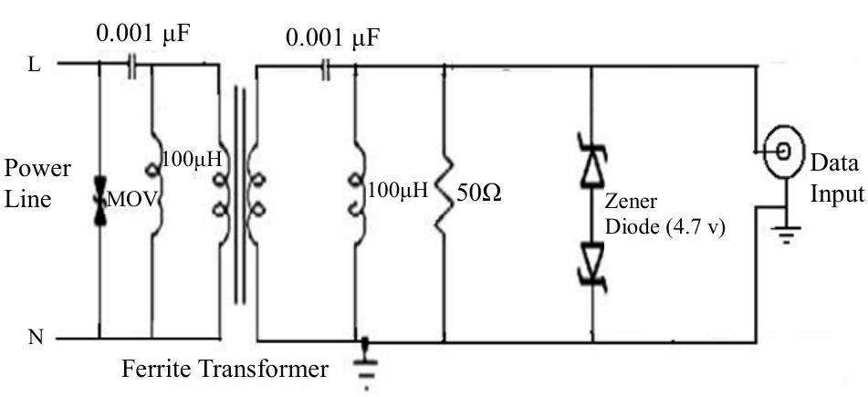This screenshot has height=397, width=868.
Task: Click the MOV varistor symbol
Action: coord(99,199)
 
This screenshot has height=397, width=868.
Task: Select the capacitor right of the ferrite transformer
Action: coord(324,68)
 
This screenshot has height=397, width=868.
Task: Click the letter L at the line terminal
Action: coord(34,67)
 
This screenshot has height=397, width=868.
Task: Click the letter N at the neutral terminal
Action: coord(35,339)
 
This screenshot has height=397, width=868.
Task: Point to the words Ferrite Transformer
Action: coord(225,371)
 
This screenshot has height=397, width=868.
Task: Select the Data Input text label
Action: coord(834,179)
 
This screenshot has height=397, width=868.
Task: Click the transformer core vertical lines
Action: coord(239,196)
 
